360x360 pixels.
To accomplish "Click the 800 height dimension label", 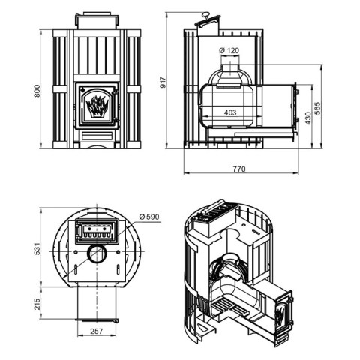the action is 37,91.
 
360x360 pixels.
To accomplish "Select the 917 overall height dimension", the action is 163,82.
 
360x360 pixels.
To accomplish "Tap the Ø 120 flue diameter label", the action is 229,50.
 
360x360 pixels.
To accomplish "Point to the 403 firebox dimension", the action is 230,112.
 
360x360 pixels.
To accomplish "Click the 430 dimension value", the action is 308,118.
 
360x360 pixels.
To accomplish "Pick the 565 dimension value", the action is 317,108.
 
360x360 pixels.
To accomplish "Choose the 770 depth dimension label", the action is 239,169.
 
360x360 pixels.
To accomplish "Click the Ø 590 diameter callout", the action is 149,217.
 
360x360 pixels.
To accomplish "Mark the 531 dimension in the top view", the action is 37,248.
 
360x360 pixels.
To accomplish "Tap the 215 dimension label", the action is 37,304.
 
